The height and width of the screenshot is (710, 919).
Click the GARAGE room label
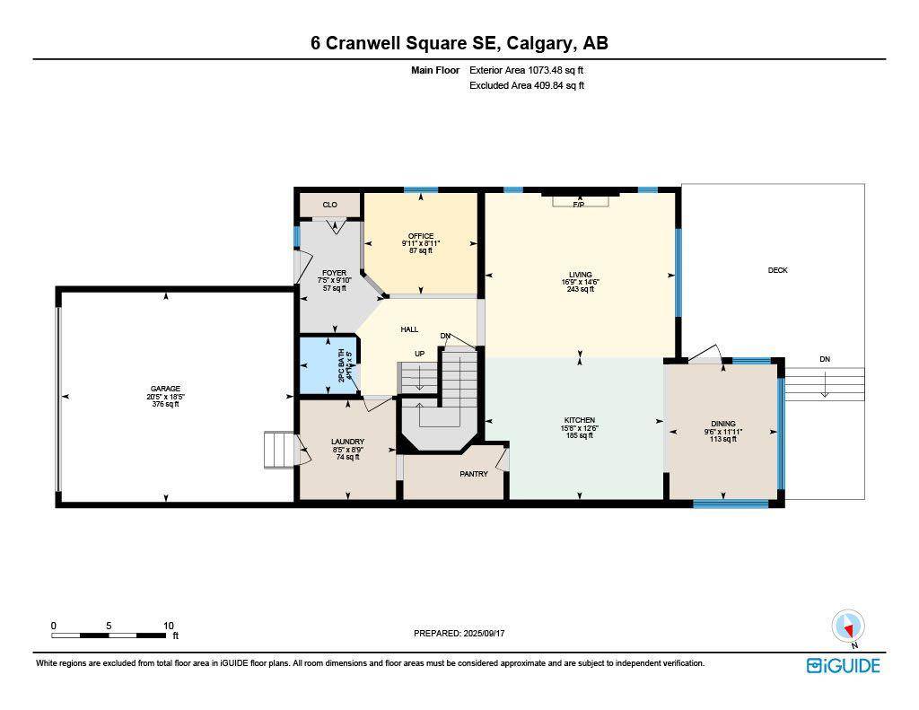tap(165, 389)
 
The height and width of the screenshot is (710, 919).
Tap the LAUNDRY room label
tap(347, 442)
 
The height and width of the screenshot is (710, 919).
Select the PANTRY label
tap(474, 474)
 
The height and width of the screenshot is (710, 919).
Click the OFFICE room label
tap(421, 237)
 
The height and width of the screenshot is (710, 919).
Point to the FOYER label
tap(334, 273)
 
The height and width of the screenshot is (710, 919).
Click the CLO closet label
tap(329, 205)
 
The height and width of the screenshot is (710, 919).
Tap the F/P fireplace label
tap(579, 205)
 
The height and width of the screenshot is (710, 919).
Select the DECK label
tap(777, 270)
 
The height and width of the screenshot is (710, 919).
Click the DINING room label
tap(723, 424)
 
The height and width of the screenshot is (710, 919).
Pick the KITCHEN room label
tap(580, 420)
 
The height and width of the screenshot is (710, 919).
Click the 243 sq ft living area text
tap(581, 289)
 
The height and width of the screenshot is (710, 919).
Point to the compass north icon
tap(848, 626)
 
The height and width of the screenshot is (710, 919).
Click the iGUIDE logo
tap(843, 665)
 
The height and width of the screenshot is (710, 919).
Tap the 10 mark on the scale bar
tap(168, 626)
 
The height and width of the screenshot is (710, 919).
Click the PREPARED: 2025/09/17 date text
tap(459, 633)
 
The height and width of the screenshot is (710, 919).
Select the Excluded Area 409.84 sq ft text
tap(527, 86)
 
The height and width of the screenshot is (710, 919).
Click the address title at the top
tap(459, 43)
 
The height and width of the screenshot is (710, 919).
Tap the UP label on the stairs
tap(419, 354)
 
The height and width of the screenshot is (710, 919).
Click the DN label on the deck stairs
tap(825, 359)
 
